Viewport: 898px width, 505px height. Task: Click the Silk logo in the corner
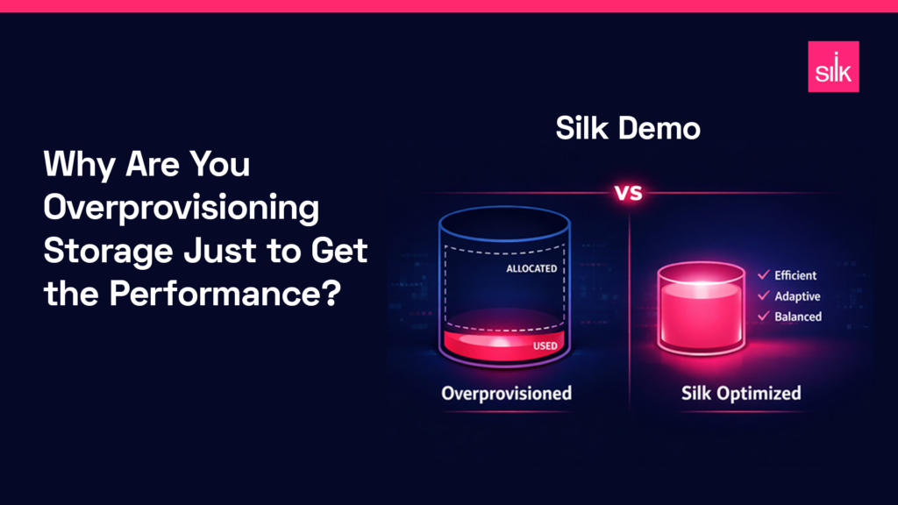(832, 67)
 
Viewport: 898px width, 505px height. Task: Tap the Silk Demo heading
(628, 130)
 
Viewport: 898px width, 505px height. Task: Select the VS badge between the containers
(628, 193)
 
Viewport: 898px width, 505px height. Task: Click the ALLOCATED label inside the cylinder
(531, 268)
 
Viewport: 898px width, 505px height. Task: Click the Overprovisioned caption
(506, 392)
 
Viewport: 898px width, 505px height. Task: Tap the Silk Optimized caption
(741, 392)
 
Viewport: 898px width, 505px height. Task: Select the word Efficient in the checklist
(795, 275)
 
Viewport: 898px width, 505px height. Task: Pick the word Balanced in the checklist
(797, 316)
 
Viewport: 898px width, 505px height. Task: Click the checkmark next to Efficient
(762, 275)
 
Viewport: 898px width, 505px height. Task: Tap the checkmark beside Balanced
(762, 316)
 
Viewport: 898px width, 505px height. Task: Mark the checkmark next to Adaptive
(762, 295)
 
